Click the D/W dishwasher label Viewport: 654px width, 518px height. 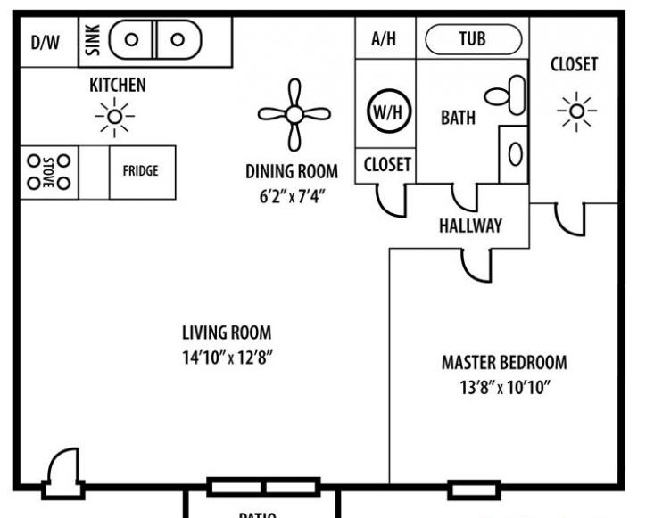coord(45,41)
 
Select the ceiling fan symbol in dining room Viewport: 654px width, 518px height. coord(294,113)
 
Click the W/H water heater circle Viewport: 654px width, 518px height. coord(385,111)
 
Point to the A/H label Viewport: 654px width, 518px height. coord(383,39)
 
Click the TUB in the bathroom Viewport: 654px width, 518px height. coord(473,39)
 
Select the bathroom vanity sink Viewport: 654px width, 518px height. coord(515,153)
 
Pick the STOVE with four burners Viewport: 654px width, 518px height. coord(49,171)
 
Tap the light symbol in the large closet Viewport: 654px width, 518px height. coord(576,111)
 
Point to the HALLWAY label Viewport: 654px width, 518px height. coord(470,226)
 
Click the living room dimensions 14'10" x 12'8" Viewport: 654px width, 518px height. coord(227,359)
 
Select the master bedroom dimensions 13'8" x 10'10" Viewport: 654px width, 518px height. coord(504,388)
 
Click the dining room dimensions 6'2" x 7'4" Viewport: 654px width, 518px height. coord(292,194)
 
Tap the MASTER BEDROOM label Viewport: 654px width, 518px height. coord(504,363)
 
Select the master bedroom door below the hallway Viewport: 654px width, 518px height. coord(477,263)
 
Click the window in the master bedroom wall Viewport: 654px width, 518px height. coord(461,489)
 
